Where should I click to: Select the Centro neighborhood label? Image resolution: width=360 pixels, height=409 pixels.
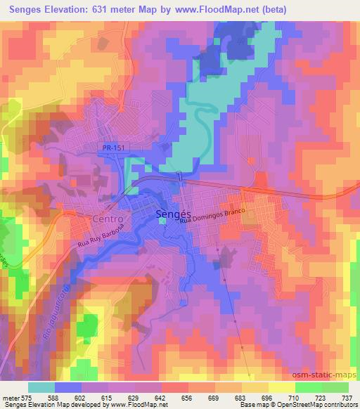coord(108,219)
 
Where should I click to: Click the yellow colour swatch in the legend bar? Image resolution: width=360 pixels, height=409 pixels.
coord(281,387)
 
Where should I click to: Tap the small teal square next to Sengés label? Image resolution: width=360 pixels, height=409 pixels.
coord(162,222)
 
